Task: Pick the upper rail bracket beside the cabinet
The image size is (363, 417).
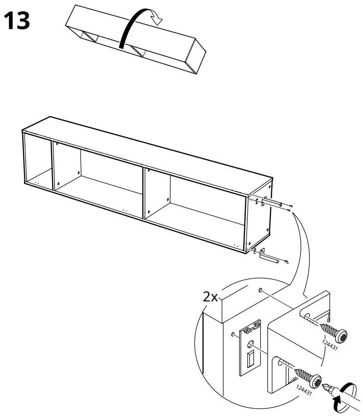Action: point(272,203)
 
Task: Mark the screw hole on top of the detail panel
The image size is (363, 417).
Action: point(262,290)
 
